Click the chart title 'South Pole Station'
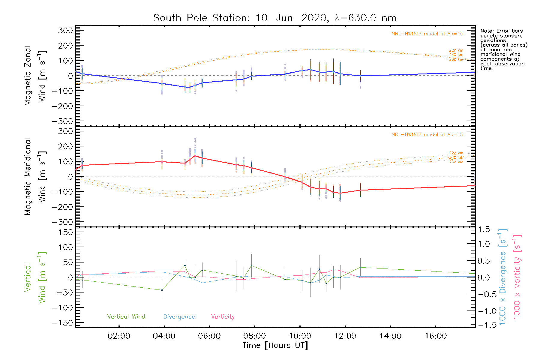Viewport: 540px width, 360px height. click(x=201, y=18)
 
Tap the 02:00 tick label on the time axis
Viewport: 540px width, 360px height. click(x=119, y=336)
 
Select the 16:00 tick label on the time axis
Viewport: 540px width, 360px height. click(x=436, y=336)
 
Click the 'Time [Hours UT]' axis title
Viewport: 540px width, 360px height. click(x=275, y=345)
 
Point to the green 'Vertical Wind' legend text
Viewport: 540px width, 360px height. click(x=126, y=317)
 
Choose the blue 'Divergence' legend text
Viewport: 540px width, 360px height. click(x=179, y=317)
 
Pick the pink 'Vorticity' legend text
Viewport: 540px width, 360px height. click(x=223, y=317)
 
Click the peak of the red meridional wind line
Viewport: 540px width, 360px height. click(x=195, y=155)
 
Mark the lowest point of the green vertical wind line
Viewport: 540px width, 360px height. click(x=162, y=290)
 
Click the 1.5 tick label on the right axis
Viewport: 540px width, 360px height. click(x=484, y=229)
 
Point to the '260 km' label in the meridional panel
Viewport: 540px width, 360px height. click(x=456, y=162)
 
